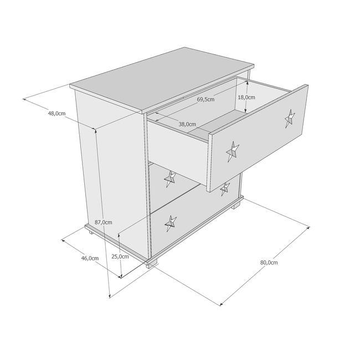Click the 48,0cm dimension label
(56, 114)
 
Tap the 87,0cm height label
(104, 222)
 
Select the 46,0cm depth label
(90, 258)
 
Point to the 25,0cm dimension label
(120, 256)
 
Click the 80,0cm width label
(269, 263)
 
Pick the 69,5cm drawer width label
(205, 99)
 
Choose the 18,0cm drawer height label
(246, 97)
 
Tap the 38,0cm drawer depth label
(187, 124)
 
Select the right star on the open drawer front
(290, 119)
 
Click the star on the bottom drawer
(171, 223)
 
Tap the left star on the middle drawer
(170, 179)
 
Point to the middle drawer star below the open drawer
(225, 189)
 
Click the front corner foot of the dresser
(152, 264)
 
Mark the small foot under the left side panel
(91, 233)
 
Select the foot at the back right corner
(236, 205)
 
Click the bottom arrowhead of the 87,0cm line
(110, 296)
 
